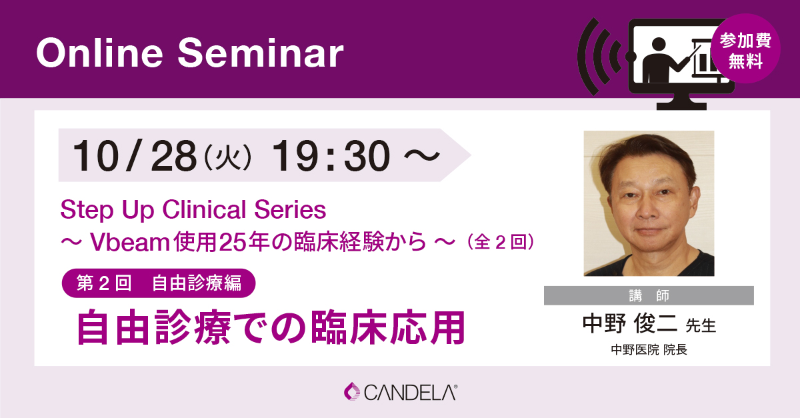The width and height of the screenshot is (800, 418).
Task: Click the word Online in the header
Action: (x=99, y=53)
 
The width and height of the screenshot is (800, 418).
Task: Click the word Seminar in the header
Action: (x=261, y=53)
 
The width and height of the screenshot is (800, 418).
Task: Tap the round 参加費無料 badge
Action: (x=745, y=49)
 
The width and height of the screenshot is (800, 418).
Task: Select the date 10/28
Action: (x=134, y=156)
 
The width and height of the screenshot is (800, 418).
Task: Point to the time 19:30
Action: (x=331, y=156)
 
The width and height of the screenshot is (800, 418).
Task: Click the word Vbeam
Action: (x=129, y=242)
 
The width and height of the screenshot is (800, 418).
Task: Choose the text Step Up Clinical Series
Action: (x=193, y=210)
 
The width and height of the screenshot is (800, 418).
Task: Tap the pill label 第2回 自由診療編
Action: (x=159, y=283)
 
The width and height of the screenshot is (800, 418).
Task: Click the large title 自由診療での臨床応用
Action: (x=271, y=327)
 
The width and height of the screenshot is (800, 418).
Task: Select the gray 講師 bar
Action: (x=649, y=295)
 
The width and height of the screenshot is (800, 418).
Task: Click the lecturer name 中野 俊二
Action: (x=629, y=324)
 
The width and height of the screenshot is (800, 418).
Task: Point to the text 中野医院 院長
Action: (x=649, y=349)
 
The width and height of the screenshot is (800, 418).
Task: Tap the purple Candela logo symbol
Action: (x=352, y=391)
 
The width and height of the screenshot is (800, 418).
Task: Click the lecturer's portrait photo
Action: (x=649, y=203)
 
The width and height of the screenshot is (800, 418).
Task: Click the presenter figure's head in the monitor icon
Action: (x=659, y=45)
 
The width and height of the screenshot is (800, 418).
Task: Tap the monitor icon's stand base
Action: (x=681, y=106)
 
